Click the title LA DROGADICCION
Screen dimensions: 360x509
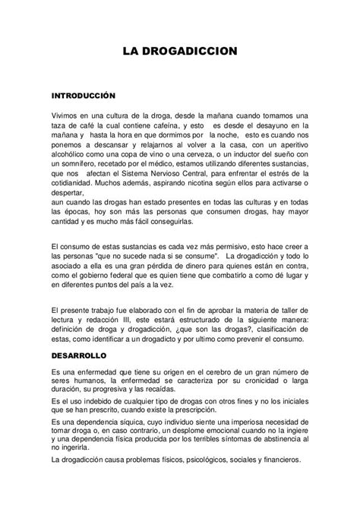pyautogui.click(x=181, y=51)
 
